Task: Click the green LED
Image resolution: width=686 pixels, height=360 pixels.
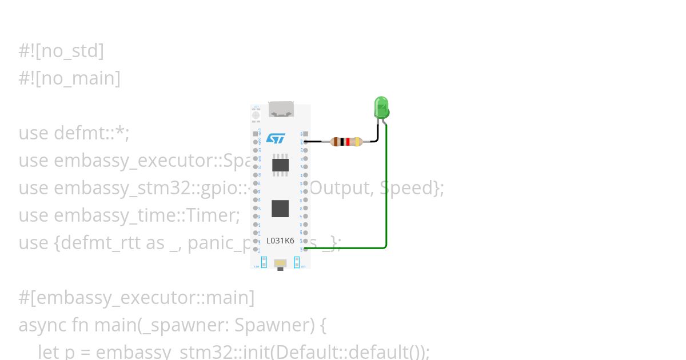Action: tap(381, 107)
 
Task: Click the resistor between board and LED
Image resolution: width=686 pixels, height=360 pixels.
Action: tap(346, 142)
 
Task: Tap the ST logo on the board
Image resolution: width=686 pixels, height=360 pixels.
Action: tap(276, 139)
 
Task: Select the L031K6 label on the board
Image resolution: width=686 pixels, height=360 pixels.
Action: tap(280, 241)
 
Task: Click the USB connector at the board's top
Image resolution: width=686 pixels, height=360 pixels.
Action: tap(281, 109)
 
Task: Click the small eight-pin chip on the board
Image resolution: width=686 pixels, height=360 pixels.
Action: tap(280, 165)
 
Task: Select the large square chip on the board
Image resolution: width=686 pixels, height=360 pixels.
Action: tap(280, 208)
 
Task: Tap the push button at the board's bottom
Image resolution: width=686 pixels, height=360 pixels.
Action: tap(280, 263)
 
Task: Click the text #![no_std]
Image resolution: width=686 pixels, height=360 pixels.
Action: tap(61, 51)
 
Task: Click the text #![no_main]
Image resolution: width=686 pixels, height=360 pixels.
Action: tap(69, 78)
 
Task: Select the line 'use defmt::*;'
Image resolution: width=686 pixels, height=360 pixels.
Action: tap(74, 133)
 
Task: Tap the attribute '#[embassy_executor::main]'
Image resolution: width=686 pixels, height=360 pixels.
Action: tap(136, 298)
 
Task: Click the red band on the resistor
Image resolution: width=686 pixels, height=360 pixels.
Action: tap(348, 142)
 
